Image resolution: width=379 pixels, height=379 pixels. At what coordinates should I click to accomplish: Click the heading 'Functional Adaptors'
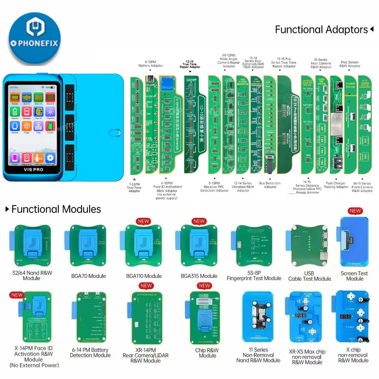321,30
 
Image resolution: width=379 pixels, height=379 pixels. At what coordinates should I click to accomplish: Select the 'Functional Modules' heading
56,210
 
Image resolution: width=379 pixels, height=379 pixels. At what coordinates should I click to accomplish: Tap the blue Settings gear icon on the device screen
51,158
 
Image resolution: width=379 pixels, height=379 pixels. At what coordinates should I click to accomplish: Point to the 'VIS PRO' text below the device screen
33,169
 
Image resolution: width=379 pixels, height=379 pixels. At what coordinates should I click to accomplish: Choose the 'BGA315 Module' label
199,276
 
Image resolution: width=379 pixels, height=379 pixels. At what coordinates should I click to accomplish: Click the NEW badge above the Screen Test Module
355,211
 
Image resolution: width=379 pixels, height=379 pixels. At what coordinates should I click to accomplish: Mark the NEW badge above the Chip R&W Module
204,286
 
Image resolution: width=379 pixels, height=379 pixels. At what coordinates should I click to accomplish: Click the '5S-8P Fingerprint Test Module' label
254,276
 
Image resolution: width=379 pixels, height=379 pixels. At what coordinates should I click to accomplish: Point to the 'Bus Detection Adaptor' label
270,185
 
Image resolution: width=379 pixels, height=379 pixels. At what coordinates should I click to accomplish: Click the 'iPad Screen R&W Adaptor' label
350,64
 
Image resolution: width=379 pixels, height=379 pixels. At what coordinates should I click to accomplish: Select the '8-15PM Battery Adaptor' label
151,64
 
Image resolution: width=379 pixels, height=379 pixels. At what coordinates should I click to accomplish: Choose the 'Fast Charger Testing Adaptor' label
336,185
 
